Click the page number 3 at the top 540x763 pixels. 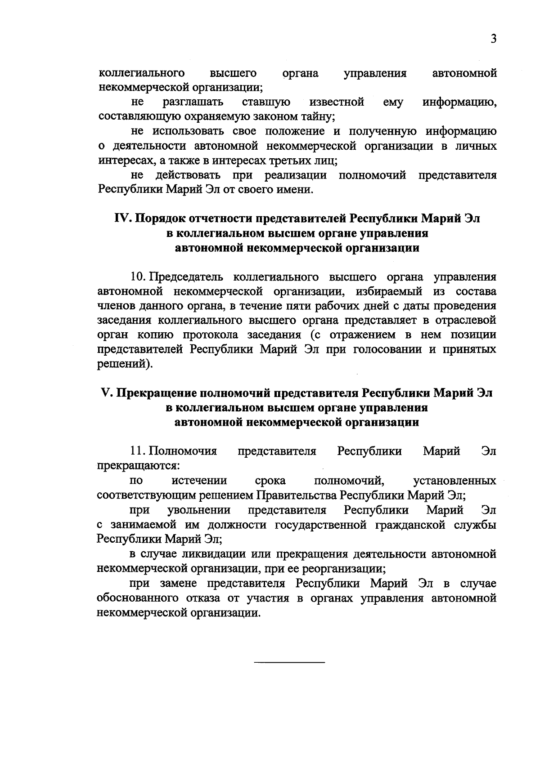tap(494, 39)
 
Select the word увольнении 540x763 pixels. tap(199, 510)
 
